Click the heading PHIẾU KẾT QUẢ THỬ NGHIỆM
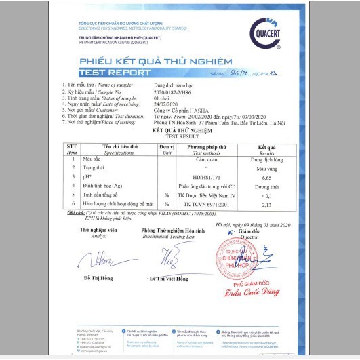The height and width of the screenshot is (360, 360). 179,62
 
